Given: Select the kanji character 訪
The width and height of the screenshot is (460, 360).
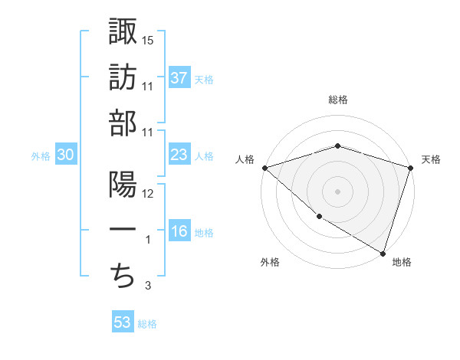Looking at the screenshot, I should point(123,77).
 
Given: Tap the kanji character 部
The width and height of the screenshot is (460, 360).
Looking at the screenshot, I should point(123,124).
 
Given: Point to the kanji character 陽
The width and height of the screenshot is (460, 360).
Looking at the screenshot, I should point(123,186).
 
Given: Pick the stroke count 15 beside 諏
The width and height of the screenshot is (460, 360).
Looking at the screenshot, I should point(148,39).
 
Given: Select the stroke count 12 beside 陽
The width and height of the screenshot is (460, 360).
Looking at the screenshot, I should point(148,194).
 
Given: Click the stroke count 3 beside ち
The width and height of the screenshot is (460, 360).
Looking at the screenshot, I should point(148,286).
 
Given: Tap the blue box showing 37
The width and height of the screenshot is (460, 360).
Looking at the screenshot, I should point(179,77).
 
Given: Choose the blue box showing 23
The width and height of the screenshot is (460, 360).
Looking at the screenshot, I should point(179,155).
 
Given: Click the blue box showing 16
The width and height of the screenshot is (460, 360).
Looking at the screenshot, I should point(179,232).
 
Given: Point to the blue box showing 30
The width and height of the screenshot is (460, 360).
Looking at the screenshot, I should point(66,155).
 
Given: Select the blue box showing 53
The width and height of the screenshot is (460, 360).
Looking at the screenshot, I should point(123,322).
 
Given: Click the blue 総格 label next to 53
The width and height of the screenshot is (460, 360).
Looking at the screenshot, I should point(147,324).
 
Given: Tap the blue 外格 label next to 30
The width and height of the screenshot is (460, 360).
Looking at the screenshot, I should point(41,156).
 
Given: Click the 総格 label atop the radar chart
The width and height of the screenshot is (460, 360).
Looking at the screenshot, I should point(337,100).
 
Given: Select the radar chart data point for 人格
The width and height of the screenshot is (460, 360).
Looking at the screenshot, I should point(264,168).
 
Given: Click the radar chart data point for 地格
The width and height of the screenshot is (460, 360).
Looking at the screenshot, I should point(383,253).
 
